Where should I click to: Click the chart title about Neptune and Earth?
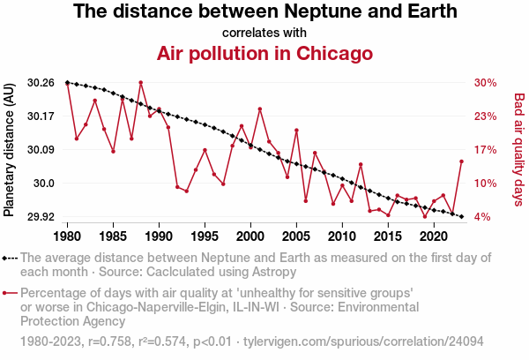click(264, 12)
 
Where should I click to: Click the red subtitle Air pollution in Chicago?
click(264, 53)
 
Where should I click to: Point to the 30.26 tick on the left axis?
click(41, 83)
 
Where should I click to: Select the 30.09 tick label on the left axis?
click(41, 150)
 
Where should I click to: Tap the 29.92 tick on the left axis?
click(41, 217)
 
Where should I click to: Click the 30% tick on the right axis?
click(486, 83)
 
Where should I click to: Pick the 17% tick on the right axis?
click(486, 150)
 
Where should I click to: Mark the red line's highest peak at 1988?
click(141, 83)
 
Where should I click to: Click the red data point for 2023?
click(461, 161)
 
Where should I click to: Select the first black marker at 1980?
click(68, 82)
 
